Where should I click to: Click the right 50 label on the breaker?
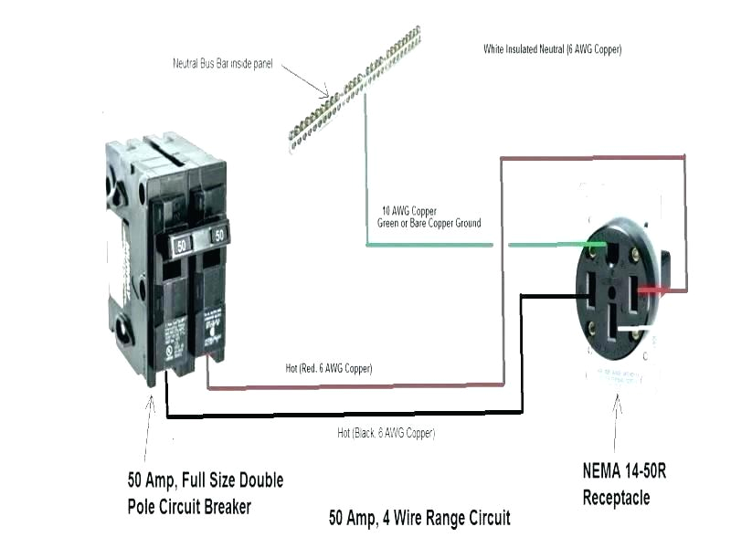tap(218, 235)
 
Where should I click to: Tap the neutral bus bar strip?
tap(356, 87)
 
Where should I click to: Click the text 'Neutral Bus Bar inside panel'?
tap(223, 64)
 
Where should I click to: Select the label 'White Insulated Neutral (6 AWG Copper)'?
tap(552, 49)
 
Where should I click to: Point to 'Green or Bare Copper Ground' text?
tap(429, 223)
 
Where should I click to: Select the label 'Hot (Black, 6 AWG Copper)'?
tap(386, 433)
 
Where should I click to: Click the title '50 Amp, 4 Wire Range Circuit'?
tap(419, 518)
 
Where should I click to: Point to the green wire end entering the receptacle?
tap(585, 245)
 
